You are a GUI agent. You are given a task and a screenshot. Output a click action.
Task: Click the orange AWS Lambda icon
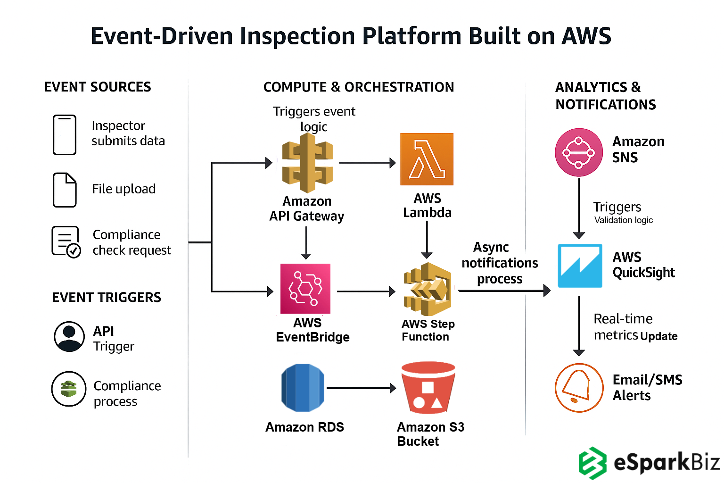click(427, 159)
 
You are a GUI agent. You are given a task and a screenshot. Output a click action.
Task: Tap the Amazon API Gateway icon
click(307, 163)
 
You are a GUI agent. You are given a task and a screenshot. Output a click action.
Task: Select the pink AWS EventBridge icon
click(305, 288)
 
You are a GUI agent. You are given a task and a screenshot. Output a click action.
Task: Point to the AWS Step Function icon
click(428, 289)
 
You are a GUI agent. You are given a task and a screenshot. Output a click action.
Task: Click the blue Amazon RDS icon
click(303, 388)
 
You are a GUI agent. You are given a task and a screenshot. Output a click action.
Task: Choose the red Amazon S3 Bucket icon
click(428, 388)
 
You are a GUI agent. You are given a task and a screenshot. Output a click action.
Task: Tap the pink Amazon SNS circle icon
click(579, 152)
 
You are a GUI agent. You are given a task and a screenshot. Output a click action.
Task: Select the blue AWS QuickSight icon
click(580, 266)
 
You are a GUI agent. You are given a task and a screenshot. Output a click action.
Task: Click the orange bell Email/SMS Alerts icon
click(579, 388)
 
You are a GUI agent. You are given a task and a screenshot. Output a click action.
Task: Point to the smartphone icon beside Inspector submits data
click(65, 134)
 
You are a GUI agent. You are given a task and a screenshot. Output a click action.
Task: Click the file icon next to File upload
click(65, 190)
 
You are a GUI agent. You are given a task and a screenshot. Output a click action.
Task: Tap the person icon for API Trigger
click(69, 337)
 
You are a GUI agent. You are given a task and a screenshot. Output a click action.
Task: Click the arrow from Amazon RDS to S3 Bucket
click(361, 388)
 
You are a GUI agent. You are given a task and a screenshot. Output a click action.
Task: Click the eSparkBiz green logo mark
click(592, 463)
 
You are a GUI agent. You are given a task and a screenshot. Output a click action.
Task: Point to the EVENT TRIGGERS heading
click(107, 297)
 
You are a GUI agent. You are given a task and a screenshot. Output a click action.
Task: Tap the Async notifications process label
click(500, 263)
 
